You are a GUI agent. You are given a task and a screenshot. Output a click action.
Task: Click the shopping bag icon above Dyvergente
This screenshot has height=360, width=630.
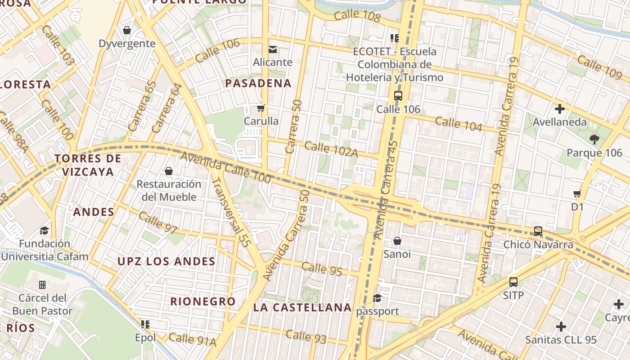coord(127,30)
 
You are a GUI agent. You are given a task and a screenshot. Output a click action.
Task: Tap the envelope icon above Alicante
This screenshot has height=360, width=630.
coord(273,49)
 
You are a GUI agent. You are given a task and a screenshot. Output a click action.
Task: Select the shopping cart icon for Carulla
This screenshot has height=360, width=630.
coord(261,108)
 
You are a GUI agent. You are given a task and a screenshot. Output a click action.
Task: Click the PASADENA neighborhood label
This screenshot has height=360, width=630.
coord(258,83)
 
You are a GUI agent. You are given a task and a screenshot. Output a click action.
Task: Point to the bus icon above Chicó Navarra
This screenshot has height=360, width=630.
coord(538,231)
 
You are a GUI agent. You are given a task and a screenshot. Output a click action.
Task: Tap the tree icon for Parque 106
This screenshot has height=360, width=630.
coord(594,139)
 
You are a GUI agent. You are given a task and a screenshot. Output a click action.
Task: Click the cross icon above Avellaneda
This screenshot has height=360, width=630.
coord(560,109)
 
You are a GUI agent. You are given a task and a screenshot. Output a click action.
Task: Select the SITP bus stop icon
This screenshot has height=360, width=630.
coord(513,282)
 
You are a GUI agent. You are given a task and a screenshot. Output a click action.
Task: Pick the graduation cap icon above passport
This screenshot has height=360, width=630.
coord(378,298)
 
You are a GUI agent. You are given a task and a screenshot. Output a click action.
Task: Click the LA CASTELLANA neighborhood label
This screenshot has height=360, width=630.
coord(302,307)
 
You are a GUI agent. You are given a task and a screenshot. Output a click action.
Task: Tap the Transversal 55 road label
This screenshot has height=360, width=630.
coord(230,211)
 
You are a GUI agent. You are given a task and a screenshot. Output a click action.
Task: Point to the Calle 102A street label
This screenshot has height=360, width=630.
coord(331,149)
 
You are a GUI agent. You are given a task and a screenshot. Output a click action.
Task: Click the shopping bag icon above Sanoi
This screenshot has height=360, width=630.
coord(397,241)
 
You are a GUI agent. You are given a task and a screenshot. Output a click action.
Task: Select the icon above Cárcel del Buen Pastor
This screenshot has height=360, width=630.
coord(42,284)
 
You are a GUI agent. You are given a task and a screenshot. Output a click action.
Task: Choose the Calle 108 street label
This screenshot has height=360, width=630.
coord(357,16)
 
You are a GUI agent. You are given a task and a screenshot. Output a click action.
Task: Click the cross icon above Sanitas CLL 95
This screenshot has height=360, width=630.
coord(561,326)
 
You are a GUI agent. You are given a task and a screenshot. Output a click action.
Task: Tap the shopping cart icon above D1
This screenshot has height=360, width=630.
coord(577,194)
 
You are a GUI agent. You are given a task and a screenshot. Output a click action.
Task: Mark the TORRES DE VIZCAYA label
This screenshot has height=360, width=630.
coord(88,165)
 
